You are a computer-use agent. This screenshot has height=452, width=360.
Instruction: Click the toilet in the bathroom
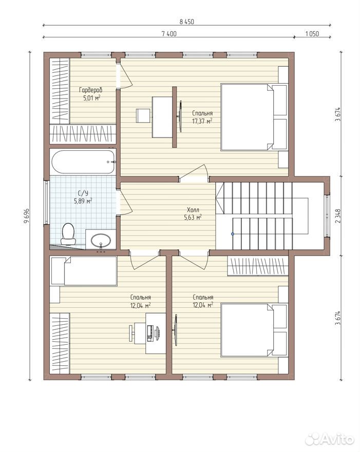(68, 234)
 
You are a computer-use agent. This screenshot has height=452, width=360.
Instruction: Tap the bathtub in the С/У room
(83, 162)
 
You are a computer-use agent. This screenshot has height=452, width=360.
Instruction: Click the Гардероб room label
(90, 90)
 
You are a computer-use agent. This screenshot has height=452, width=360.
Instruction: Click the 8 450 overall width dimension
(187, 22)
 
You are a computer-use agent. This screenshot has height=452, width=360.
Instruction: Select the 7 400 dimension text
(169, 34)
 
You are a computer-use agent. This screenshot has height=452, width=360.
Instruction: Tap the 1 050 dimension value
(312, 34)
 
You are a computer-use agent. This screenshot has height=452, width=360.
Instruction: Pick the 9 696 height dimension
(27, 216)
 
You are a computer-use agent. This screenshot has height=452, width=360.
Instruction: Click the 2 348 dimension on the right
(338, 216)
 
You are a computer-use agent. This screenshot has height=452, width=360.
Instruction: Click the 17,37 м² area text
(202, 121)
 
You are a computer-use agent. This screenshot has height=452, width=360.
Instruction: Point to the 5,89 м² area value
(83, 201)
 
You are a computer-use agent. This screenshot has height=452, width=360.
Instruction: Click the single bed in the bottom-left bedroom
(84, 271)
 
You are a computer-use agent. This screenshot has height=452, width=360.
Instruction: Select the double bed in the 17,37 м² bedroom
(254, 117)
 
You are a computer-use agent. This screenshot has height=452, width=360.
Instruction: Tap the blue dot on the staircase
(233, 234)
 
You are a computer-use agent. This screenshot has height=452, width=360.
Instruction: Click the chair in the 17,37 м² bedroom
(143, 115)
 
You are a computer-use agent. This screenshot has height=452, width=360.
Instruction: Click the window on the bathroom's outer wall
(46, 202)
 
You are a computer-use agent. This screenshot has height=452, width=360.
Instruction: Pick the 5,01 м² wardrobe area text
(92, 98)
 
